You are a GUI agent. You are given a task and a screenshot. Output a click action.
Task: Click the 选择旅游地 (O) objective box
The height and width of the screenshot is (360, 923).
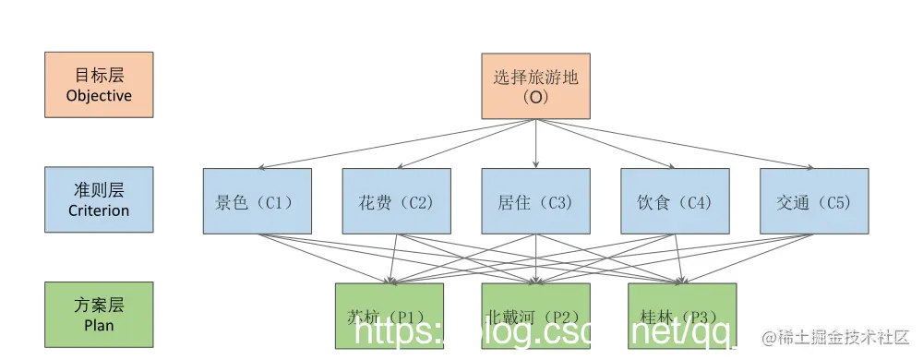tap(536, 86)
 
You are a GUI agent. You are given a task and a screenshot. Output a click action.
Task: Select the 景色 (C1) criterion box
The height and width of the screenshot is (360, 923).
tap(258, 200)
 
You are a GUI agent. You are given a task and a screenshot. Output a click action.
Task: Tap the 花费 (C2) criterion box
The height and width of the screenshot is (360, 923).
tap(397, 200)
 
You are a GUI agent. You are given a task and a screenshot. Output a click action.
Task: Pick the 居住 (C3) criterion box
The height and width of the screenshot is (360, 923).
tap(536, 200)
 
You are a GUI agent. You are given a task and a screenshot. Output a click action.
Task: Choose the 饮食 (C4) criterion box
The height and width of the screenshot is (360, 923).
tap(675, 200)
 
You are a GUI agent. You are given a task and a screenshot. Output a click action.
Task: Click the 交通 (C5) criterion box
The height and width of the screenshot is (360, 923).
tap(814, 200)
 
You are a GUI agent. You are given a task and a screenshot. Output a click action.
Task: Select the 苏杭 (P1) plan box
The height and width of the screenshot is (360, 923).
tap(390, 315)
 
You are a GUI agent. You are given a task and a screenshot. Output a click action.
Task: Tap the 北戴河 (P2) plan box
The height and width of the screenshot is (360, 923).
tap(535, 315)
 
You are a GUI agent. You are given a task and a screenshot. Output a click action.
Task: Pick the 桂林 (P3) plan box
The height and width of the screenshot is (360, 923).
tap(682, 315)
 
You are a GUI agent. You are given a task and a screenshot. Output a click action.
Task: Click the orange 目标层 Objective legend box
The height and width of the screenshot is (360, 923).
tap(99, 85)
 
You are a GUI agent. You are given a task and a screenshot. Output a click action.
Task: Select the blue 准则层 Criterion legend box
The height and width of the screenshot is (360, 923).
tap(99, 199)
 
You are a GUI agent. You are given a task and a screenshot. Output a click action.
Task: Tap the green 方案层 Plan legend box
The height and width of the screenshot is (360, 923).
tap(99, 315)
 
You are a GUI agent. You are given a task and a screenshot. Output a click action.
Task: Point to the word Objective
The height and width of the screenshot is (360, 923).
tap(99, 96)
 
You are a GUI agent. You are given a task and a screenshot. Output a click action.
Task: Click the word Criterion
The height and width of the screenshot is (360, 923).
tap(99, 210)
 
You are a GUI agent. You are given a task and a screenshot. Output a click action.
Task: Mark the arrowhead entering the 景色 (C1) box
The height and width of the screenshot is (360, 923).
tap(262, 166)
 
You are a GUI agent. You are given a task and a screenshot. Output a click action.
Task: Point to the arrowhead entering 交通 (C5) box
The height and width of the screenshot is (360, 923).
tap(809, 166)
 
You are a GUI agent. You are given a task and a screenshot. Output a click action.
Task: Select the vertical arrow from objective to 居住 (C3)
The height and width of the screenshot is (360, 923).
tap(536, 143)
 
